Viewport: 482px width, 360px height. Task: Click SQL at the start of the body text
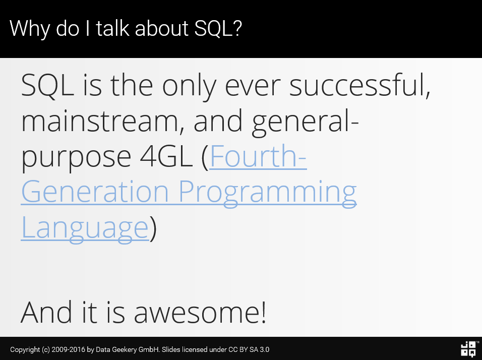point(47,86)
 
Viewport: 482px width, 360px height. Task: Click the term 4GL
point(166,156)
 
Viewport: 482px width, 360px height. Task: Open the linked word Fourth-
point(258,156)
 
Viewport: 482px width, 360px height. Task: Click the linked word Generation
point(95,192)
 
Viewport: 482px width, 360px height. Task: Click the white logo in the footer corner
point(469,349)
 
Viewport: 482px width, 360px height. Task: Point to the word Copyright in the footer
point(25,349)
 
